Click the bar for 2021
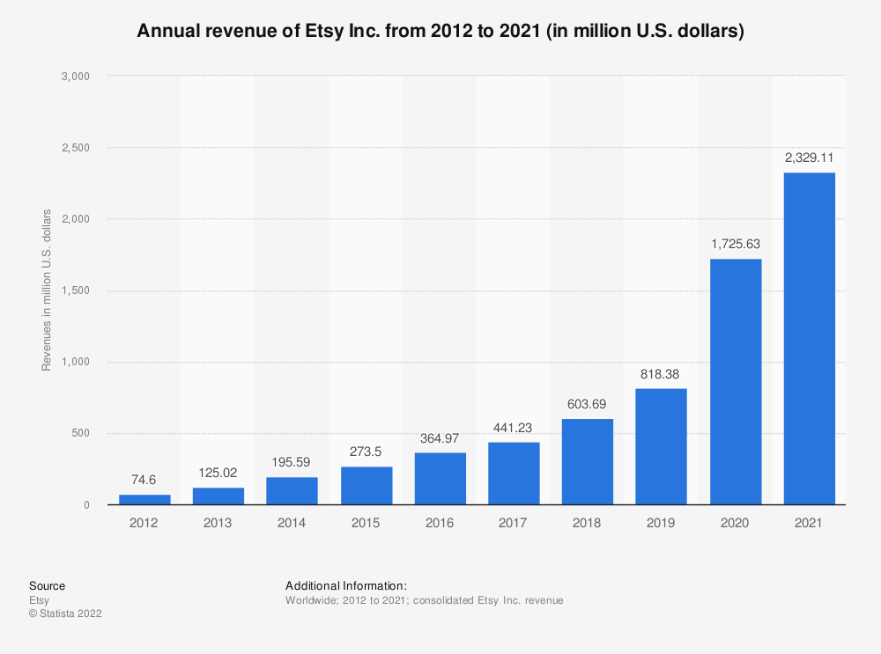[809, 339]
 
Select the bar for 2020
[735, 382]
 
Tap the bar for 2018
[587, 462]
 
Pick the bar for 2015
[366, 486]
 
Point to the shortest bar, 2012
[144, 500]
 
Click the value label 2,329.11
[809, 158]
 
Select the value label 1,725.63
[735, 245]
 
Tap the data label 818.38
[661, 374]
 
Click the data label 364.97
[440, 438]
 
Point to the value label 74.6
[144, 480]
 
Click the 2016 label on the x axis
[440, 523]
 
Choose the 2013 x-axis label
[218, 523]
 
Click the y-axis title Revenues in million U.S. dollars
[47, 290]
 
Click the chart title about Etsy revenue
[440, 33]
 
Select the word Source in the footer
[47, 585]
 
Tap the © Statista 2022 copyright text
[65, 614]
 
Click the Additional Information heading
[345, 585]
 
